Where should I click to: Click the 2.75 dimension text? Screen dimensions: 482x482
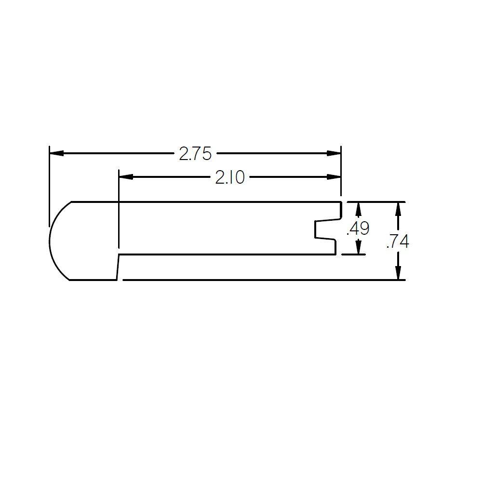point(195,154)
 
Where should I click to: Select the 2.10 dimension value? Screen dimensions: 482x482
point(230,177)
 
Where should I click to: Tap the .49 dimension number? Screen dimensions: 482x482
point(358,228)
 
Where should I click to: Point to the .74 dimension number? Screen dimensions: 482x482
point(398,241)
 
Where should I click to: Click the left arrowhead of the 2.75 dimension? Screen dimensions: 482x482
point(56,153)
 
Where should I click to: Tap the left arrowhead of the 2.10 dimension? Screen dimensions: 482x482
point(126,177)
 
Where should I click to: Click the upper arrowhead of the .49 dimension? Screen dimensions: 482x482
point(358,209)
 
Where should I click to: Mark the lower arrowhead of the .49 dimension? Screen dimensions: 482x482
point(358,247)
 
